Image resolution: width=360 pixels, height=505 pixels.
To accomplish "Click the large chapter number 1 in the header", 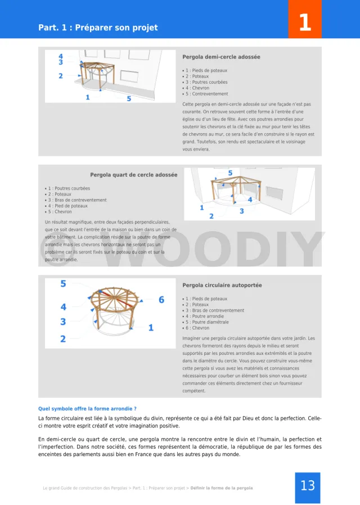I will (x=304, y=22).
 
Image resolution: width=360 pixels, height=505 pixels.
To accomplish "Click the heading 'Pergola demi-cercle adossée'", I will (x=221, y=57).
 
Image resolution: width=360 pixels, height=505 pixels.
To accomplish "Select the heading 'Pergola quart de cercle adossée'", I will (x=133, y=175).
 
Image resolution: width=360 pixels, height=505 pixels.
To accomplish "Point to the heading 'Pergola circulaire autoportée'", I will (x=222, y=286).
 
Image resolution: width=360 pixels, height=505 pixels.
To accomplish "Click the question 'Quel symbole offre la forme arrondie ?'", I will (x=87, y=409).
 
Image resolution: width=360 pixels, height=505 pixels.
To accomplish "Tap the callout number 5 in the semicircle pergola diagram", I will (x=129, y=99).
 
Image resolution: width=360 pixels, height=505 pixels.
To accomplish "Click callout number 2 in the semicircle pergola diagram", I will (x=61, y=76).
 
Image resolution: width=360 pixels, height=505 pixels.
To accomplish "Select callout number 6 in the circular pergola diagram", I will (x=161, y=300).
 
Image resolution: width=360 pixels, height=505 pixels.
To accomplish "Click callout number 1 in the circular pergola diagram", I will (x=151, y=327).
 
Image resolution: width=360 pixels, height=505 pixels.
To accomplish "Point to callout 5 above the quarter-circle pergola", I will (x=230, y=173).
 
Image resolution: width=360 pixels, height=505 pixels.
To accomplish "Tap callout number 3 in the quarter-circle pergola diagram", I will (x=242, y=211).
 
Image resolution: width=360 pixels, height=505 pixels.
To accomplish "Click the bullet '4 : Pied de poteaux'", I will (x=67, y=206).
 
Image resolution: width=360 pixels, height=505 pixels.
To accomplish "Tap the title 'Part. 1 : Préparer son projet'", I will (x=98, y=28).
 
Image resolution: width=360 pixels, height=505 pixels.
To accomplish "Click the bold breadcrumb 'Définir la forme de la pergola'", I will (x=222, y=488).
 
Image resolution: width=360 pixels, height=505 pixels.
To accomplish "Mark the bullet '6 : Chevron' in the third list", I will (x=197, y=328).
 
